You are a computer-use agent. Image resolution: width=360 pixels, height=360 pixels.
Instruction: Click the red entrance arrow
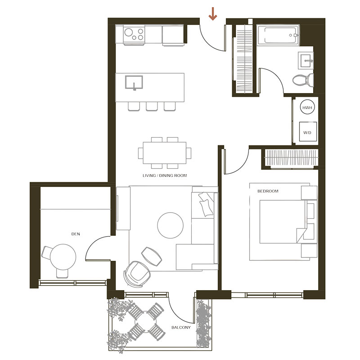pos(213,13)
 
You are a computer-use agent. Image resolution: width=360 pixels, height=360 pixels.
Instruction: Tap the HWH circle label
pos(307,108)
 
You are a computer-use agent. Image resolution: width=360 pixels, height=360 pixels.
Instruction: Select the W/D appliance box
pos(308,132)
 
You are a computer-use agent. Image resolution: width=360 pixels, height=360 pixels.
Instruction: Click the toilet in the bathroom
pos(303,80)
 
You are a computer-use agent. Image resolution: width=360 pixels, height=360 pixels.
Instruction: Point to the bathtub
pos(278,35)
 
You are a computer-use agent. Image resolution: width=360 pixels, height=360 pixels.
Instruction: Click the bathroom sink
pos(306,60)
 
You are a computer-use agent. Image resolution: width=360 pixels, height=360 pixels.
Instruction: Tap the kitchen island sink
pos(134,82)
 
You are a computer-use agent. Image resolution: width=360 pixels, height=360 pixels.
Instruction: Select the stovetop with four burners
pos(134,35)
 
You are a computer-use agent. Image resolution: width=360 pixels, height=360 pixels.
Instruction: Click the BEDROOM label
pos(268,191)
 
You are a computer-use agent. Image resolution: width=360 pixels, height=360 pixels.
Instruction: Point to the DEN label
pos(76,234)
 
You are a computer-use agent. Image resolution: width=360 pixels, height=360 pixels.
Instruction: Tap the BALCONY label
pos(181,328)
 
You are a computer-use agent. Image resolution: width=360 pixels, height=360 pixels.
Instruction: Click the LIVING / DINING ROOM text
pos(165,175)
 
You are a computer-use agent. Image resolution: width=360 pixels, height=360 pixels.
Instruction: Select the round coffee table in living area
pos(171,225)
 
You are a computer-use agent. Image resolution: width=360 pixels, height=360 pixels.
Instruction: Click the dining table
pos(164,153)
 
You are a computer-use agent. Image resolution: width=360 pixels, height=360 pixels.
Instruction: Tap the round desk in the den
pos(63,256)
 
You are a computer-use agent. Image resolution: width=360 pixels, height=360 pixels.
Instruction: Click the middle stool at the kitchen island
pos(152,106)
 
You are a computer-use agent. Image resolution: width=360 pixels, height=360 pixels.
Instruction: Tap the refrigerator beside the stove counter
pos(173,35)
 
